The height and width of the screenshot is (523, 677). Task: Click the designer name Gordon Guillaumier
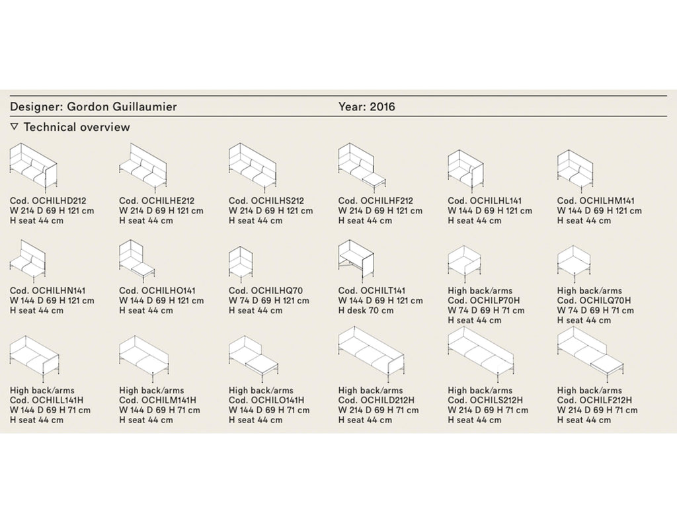pyautogui.click(x=122, y=106)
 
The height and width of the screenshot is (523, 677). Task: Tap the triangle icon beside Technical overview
pyautogui.click(x=15, y=126)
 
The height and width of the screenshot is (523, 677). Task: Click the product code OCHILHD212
pyautogui.click(x=59, y=201)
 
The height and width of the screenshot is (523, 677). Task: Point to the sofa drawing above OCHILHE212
pyautogui.click(x=143, y=168)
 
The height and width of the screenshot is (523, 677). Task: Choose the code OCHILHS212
pyautogui.click(x=277, y=201)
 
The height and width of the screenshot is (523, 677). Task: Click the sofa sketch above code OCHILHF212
pyautogui.click(x=362, y=168)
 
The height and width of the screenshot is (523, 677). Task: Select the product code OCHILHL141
pyautogui.click(x=496, y=201)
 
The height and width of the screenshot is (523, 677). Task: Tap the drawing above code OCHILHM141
pyautogui.click(x=575, y=171)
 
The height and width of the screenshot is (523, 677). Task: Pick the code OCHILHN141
pyautogui.click(x=59, y=291)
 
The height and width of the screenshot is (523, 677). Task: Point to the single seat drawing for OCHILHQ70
pyautogui.click(x=241, y=263)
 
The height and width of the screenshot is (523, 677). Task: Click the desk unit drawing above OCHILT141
pyautogui.click(x=356, y=260)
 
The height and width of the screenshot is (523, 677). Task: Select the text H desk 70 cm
pyautogui.click(x=366, y=311)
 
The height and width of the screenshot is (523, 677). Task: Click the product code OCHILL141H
pyautogui.click(x=58, y=400)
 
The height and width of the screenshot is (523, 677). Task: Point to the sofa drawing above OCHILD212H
pyautogui.click(x=372, y=355)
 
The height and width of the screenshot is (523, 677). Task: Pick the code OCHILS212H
pyautogui.click(x=496, y=400)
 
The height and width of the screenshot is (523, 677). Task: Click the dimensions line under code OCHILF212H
pyautogui.click(x=597, y=411)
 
